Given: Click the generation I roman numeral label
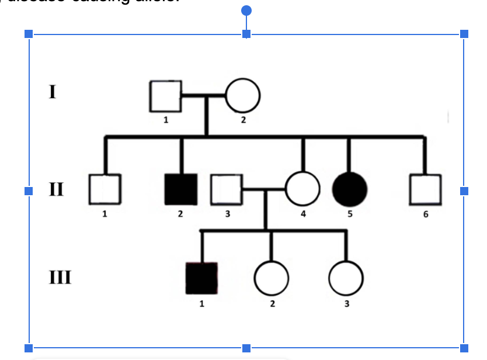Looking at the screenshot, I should coord(53,92).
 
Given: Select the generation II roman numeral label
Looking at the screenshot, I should coord(56,189).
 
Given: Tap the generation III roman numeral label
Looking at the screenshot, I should coord(60,276).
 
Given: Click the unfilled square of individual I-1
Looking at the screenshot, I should coord(165,96).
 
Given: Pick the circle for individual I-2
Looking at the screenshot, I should coord(243,95).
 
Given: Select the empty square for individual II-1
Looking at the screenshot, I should coord(105,189).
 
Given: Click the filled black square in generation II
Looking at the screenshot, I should coord(181,189).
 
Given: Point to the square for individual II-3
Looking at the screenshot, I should coord(227,189).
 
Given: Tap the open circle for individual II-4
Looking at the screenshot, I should coord(302,190).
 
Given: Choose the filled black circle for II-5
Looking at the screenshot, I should coord(349,190).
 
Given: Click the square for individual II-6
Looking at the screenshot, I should coord(425,190).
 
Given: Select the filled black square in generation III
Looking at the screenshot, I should coord(201,278).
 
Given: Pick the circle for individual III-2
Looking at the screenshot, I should coord(271,278).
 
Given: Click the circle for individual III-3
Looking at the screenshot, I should coord(346,278).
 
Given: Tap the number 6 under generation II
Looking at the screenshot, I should coord(426,214).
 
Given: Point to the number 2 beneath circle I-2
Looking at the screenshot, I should coord(243,120).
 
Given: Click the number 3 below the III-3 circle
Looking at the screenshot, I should coord(347,303).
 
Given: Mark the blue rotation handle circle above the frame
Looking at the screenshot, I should coord(246,11).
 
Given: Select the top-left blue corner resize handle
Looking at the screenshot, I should coord(28,34).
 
